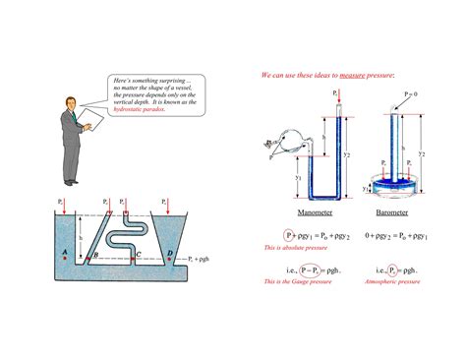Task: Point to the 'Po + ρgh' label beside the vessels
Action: coord(203,258)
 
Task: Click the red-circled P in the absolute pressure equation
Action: coord(289,236)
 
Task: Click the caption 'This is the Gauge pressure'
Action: coord(297,281)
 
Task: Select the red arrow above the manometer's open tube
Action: coord(337,105)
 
